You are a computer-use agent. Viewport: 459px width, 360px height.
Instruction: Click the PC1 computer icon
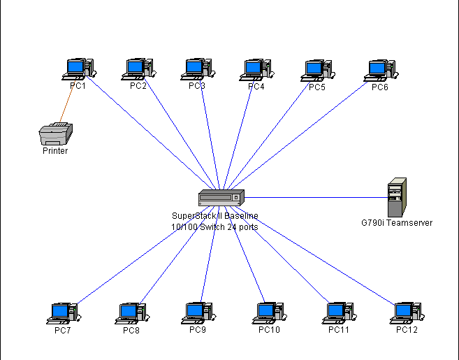tap(78, 69)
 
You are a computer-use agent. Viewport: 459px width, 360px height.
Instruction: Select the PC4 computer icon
tap(256, 69)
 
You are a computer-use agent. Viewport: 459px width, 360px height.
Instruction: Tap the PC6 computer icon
tap(381, 69)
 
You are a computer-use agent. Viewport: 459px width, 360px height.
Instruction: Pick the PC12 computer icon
tap(406, 312)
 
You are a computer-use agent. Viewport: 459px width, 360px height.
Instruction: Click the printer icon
tap(56, 133)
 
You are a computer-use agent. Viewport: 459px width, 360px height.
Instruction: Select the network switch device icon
tap(221, 198)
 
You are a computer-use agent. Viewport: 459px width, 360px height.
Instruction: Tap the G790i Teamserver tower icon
tap(397, 197)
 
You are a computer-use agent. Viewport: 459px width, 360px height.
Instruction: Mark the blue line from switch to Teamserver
tap(314, 197)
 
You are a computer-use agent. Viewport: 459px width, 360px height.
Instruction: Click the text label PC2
tap(138, 86)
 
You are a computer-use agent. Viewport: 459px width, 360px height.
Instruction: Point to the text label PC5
tap(317, 87)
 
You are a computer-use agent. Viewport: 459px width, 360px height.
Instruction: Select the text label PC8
tap(131, 330)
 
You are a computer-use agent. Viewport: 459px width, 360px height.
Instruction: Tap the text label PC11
tap(338, 329)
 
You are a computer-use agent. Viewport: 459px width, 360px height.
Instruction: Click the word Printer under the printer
tap(55, 150)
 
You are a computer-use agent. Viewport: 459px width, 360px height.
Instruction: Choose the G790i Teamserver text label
tap(397, 223)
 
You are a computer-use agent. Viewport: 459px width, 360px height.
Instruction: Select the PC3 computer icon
tap(197, 69)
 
